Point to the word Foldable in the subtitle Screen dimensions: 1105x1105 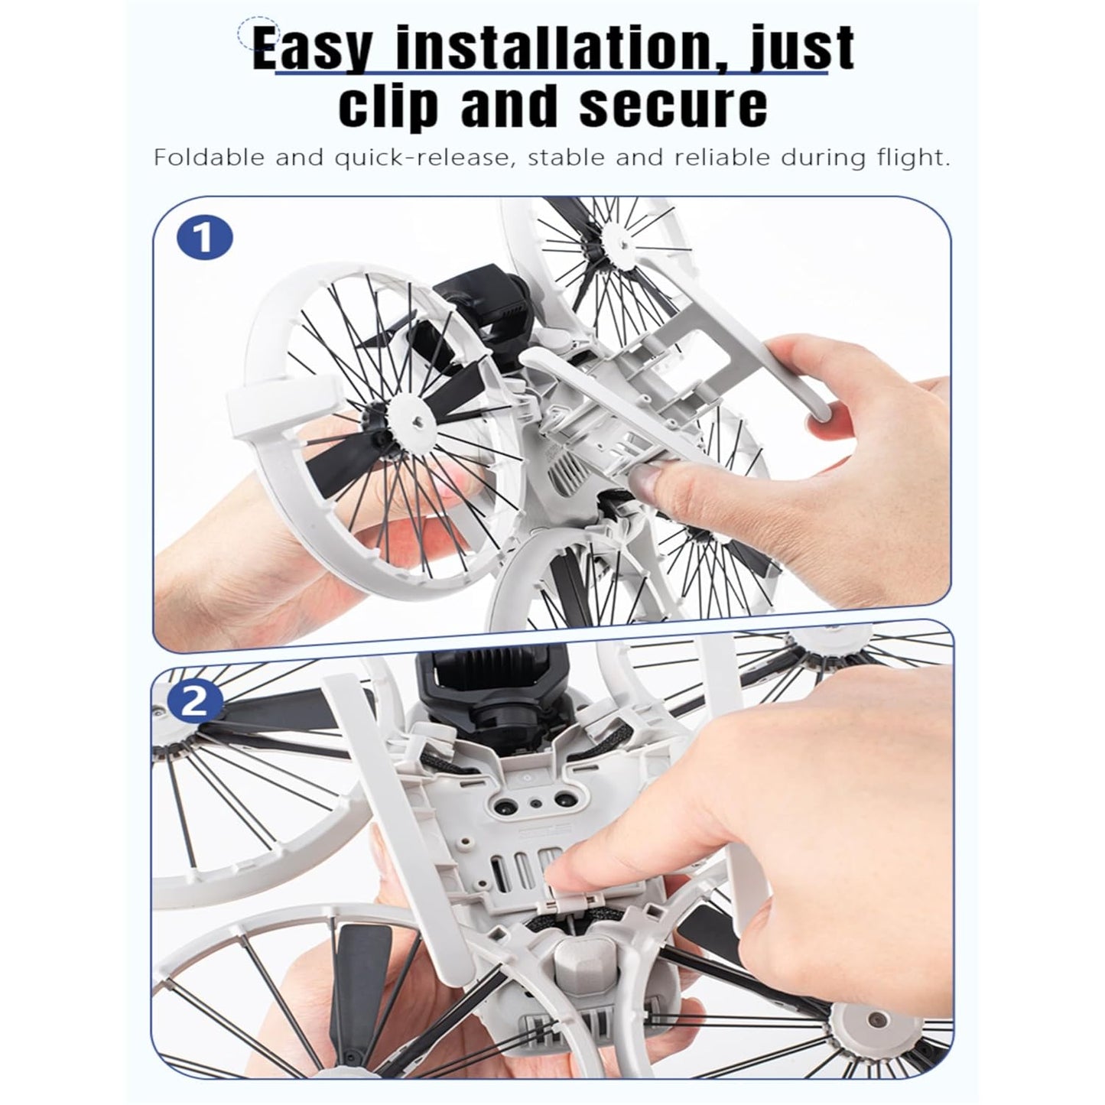tap(210, 157)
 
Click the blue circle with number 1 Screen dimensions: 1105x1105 tap(205, 239)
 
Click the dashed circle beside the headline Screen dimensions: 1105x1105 tap(259, 34)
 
